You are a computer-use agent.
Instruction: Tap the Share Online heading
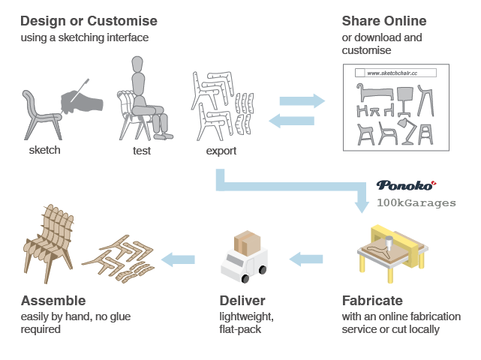[x=383, y=20]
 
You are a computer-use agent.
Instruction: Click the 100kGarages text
[x=416, y=202]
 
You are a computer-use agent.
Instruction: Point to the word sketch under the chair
[x=45, y=150]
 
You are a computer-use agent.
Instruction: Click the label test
[x=141, y=151]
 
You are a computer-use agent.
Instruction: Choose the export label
[x=221, y=151]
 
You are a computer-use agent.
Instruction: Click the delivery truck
[x=245, y=264]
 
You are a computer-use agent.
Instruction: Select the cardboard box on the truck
[x=247, y=241]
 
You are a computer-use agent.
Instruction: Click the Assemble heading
[x=53, y=301]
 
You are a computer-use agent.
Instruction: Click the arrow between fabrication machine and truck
[x=306, y=259]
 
